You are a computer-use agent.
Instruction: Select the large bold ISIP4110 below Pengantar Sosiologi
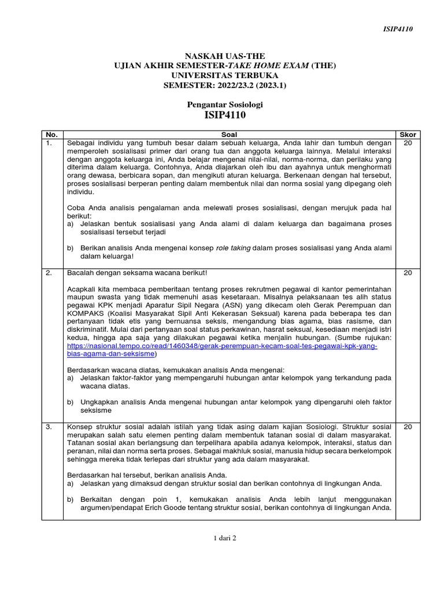pos(225,116)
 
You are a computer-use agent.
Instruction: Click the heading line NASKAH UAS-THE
pos(225,56)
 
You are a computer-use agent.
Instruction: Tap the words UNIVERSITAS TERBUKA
pos(225,75)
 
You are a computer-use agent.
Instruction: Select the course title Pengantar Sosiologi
pos(225,105)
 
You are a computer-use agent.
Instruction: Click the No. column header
pos(52,135)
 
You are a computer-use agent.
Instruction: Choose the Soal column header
pos(230,135)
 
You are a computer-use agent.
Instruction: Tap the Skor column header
pos(408,135)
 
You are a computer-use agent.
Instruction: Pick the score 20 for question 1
pos(408,143)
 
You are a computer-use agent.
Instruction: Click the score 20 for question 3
pos(408,427)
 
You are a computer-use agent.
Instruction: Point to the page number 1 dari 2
pos(225,538)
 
